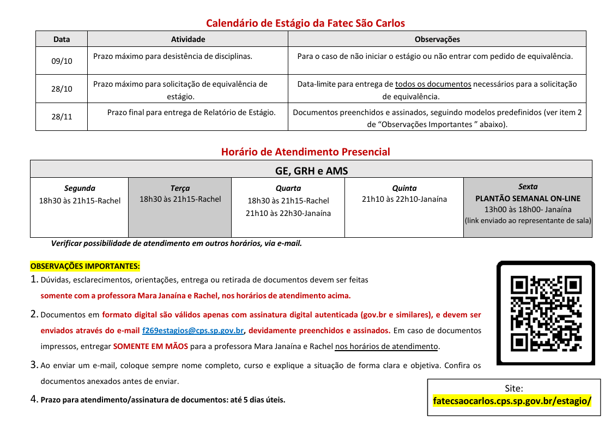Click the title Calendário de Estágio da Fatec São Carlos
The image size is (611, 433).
coord(305,23)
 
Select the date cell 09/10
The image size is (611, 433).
coord(62,61)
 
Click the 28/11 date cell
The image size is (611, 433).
coord(62,117)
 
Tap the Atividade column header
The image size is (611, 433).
coord(188,39)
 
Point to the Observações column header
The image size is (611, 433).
coord(437,39)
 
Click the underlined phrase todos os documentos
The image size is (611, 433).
coord(433,84)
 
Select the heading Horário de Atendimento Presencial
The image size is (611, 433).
coord(305,152)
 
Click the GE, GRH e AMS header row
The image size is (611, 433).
coord(311,170)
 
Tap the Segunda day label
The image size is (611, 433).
coord(80,188)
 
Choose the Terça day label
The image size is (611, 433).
coord(180,188)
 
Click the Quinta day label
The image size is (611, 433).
coord(404,188)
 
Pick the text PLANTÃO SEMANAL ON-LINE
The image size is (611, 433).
coord(528,199)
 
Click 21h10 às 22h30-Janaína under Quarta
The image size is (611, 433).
coord(288,213)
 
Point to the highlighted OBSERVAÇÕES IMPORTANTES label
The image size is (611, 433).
coord(85,266)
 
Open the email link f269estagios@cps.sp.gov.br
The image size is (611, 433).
coord(192,330)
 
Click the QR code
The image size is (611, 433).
coord(546,313)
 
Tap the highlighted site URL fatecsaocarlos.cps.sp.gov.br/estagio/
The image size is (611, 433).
coord(512,401)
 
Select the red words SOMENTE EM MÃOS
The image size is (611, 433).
coord(150,346)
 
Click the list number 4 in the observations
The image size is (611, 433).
coord(34,399)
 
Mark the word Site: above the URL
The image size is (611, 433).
coord(513,388)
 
